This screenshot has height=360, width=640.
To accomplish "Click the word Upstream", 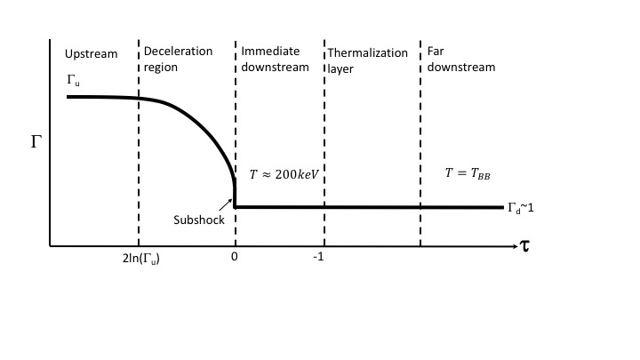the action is (x=91, y=53).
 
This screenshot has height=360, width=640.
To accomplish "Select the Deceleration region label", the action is (x=178, y=59).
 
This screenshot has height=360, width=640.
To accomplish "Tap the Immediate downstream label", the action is (x=275, y=59).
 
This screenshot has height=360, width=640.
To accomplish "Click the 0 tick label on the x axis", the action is (x=235, y=258).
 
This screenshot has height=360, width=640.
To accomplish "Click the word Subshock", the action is (x=200, y=220).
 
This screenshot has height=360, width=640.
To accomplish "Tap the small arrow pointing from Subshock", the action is (x=227, y=207).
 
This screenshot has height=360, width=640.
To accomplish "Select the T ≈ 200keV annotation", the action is (x=284, y=174).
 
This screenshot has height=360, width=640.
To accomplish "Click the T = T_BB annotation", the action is (x=468, y=173).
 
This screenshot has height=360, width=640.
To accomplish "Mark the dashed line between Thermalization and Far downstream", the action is (x=420, y=142).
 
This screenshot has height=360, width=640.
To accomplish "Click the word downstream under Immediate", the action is (x=275, y=66).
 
